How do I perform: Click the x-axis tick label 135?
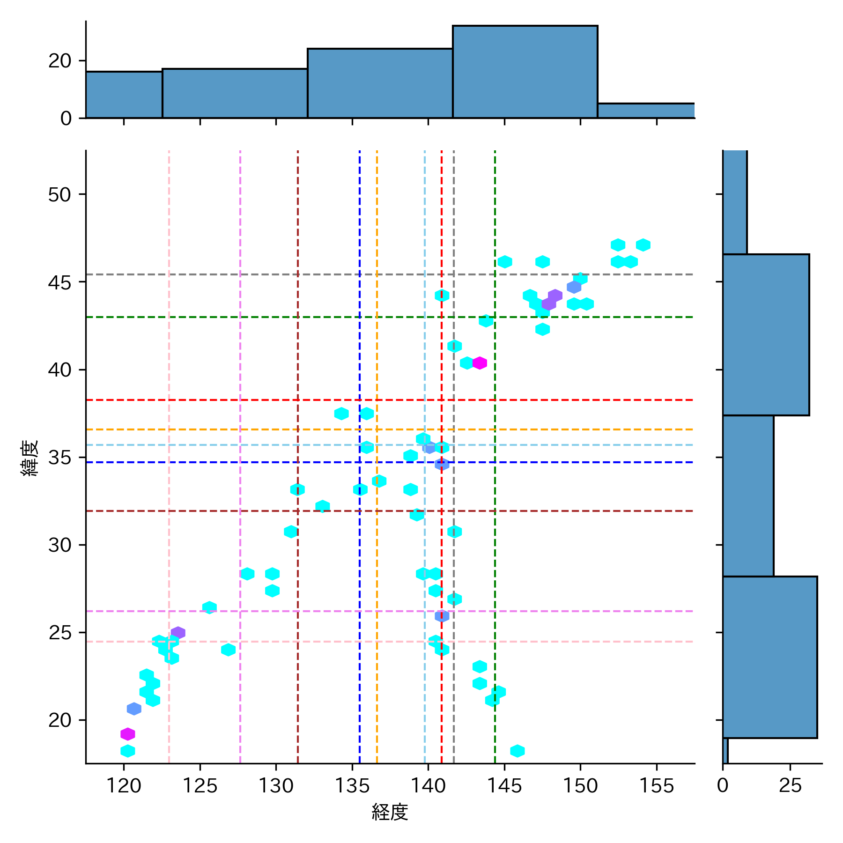(x=352, y=785)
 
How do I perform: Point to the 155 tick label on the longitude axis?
(x=657, y=785)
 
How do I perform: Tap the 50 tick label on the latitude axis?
(x=59, y=195)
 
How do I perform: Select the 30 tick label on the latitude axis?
(x=59, y=545)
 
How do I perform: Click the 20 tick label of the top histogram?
(x=59, y=61)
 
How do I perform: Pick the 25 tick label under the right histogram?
(x=791, y=785)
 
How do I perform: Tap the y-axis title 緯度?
(x=30, y=458)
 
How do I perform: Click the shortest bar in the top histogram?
(x=646, y=111)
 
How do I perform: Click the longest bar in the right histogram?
(x=770, y=657)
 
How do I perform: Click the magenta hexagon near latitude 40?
(x=480, y=363)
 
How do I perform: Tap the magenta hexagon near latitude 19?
(x=128, y=734)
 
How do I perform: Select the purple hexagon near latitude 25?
(x=178, y=633)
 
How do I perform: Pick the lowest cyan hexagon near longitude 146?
(x=517, y=751)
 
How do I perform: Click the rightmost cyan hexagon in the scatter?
(x=643, y=245)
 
